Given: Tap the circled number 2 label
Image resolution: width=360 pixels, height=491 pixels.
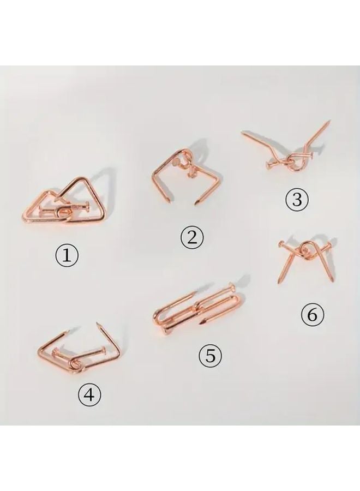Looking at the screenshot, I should tap(192, 237).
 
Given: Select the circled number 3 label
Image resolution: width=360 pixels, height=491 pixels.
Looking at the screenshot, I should tap(297, 200).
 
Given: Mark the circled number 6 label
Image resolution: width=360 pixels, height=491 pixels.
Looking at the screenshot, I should tap(313, 315).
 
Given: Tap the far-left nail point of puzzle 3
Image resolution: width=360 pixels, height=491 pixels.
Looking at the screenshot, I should tap(243, 132).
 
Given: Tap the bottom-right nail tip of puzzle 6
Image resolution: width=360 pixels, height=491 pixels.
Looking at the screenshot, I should tap(332, 281).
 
